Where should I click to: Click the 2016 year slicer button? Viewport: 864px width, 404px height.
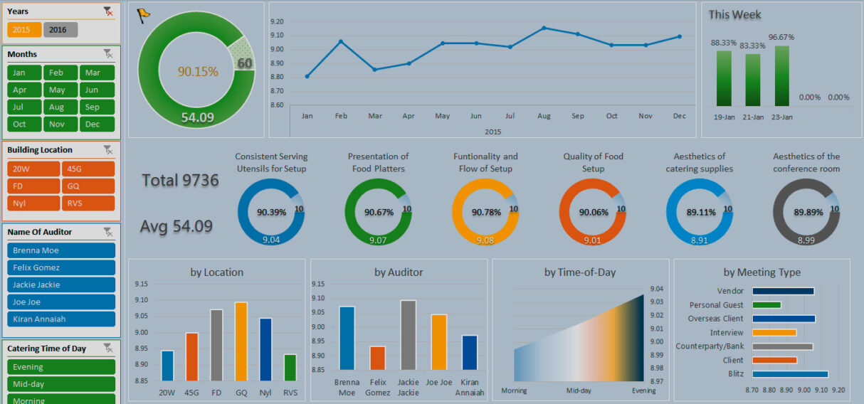[60, 30]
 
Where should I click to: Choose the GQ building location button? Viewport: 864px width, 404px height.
[88, 186]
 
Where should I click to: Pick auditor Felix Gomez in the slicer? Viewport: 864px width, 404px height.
[61, 267]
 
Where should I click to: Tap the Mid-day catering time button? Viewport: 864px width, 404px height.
[61, 384]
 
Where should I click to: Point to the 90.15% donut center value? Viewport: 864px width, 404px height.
[198, 71]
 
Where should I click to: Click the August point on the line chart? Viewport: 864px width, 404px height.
[544, 28]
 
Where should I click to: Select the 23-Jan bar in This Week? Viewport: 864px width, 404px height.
[781, 76]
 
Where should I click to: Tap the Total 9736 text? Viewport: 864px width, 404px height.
[180, 181]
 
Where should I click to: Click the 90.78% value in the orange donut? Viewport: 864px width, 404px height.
[485, 212]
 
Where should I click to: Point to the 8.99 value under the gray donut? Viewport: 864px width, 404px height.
[806, 240]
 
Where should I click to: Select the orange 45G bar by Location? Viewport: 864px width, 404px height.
[191, 356]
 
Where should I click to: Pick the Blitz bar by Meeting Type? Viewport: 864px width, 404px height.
[789, 373]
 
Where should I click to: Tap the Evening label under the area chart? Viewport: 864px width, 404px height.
[643, 390]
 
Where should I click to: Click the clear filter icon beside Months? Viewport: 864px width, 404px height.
[107, 54]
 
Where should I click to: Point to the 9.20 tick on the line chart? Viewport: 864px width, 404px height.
[278, 21]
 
